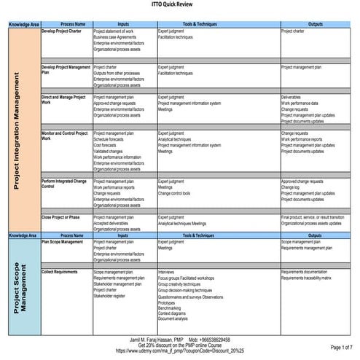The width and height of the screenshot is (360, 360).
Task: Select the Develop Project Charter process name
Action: coord(63,31)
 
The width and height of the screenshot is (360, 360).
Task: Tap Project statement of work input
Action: coord(114,31)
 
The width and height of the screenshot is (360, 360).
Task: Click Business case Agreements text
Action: coord(117,38)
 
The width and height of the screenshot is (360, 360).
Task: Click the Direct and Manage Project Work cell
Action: coord(65,100)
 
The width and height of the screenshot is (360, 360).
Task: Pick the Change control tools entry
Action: coord(174,193)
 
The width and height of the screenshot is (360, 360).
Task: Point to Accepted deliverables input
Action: coord(114,223)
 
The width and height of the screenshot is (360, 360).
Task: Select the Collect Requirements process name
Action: coord(62,272)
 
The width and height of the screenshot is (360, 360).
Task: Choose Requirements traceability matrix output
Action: coord(306,278)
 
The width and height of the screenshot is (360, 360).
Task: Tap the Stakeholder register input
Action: coord(110,296)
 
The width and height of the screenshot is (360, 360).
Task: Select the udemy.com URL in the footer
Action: coord(179,351)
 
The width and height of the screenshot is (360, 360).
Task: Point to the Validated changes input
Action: coord(111,151)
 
